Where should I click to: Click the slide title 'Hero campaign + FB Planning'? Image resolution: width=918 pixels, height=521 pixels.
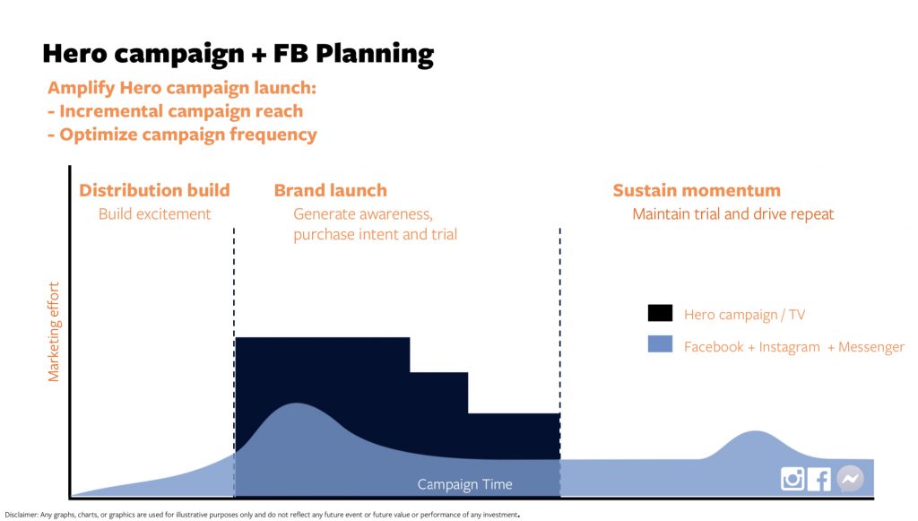(x=238, y=55)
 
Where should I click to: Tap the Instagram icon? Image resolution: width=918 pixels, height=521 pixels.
(x=792, y=479)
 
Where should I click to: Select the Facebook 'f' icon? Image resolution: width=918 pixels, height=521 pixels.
(x=819, y=480)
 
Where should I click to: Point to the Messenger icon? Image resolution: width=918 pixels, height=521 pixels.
(x=850, y=478)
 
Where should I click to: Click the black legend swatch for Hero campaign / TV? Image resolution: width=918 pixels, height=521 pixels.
(x=660, y=313)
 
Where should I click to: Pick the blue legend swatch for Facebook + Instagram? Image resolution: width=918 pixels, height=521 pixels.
(x=660, y=343)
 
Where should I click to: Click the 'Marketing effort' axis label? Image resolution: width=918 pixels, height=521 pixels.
(x=53, y=332)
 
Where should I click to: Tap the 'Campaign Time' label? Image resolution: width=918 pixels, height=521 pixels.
(x=465, y=484)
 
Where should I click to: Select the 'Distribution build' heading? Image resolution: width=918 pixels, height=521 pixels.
(x=154, y=190)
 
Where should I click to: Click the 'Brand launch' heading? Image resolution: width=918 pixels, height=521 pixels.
(x=330, y=190)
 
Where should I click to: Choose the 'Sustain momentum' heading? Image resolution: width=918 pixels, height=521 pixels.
(x=697, y=190)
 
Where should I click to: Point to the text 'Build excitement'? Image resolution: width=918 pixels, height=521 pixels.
(x=154, y=214)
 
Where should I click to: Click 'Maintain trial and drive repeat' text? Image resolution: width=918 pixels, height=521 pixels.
(x=733, y=214)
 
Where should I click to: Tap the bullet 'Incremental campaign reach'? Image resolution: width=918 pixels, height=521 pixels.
(x=176, y=111)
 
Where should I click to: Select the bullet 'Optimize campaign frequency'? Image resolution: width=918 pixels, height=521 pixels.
(x=183, y=135)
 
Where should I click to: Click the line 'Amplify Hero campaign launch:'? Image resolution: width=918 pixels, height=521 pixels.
(x=182, y=88)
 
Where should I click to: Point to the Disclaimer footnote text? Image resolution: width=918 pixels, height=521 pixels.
(x=262, y=515)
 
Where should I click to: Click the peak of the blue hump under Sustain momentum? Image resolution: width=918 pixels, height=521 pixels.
(x=756, y=431)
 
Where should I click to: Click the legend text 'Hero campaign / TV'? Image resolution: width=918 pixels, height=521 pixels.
(x=744, y=315)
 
